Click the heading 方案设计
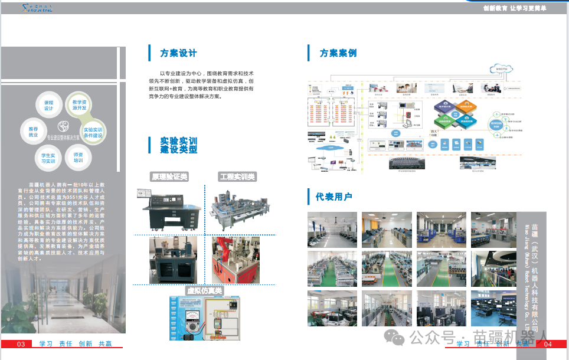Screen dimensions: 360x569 (x=178, y=53)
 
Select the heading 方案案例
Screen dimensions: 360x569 (x=338, y=53)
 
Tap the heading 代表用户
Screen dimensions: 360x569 (x=333, y=197)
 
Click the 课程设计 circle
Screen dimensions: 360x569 (x=48, y=106)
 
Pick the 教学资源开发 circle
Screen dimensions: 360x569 (x=80, y=105)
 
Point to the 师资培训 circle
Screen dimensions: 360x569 (x=78, y=158)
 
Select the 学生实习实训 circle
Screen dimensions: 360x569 (x=48, y=158)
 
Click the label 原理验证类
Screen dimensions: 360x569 (x=169, y=176)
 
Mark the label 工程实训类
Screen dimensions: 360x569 (x=237, y=176)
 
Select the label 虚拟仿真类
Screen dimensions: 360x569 (x=204, y=290)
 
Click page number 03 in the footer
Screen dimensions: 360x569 (x=21, y=344)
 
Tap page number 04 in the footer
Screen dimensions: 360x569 (x=547, y=344)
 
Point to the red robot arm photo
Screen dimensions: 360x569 (x=236, y=260)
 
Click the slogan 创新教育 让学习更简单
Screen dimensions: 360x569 (x=514, y=8)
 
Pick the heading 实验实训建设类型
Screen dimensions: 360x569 (x=178, y=145)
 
